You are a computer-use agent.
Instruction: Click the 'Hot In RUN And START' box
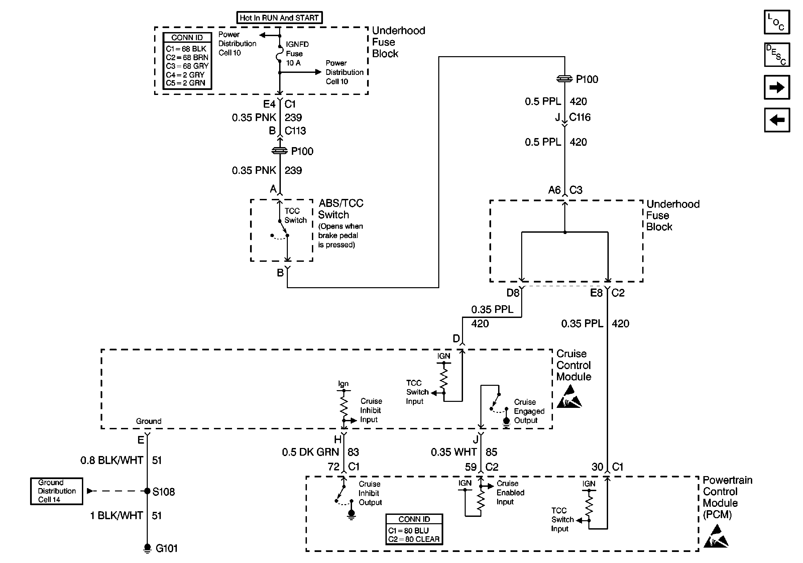[x=279, y=17]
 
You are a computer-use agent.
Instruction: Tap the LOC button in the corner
[x=777, y=22]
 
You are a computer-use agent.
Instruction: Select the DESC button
[x=777, y=54]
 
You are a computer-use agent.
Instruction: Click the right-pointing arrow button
[x=777, y=87]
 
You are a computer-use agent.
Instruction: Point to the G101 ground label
[x=166, y=548]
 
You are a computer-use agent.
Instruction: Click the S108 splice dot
[x=147, y=491]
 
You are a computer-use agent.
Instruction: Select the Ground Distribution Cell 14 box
[x=56, y=491]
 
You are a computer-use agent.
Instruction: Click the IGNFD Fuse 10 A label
[x=297, y=53]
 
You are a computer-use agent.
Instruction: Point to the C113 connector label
[x=295, y=131]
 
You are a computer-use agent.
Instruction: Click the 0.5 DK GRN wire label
[x=310, y=452]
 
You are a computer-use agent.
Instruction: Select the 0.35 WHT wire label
[x=454, y=452]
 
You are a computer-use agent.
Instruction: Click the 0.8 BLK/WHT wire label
[x=112, y=460]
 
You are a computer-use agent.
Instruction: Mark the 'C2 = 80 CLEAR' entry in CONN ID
[x=414, y=539]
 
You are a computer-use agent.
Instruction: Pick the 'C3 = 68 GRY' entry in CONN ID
[x=187, y=66]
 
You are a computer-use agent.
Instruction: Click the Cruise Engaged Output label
[x=529, y=411]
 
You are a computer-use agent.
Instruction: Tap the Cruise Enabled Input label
[x=510, y=493]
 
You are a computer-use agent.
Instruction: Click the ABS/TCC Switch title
[x=341, y=209]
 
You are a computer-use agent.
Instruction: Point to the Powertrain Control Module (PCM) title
[x=727, y=497]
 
